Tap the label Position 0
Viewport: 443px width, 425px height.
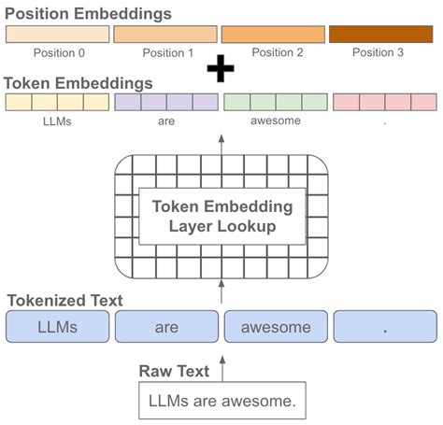coord(59,52)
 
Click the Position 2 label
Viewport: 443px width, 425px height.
coord(273,52)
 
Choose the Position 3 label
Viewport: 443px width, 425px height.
coord(379,52)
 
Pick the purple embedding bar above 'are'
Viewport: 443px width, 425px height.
coord(165,102)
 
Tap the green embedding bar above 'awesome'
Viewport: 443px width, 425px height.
coord(275,102)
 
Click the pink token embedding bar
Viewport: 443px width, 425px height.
coord(384,102)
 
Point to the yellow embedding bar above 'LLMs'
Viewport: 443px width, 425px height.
coord(57,102)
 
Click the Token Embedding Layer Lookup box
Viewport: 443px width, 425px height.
coord(221,217)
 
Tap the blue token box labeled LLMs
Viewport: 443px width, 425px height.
coord(57,327)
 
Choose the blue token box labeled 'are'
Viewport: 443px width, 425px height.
coord(166,327)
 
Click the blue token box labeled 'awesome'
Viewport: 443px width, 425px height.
coord(276,327)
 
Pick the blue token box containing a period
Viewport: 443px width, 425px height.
coord(385,327)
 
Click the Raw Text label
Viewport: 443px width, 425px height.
coord(174,371)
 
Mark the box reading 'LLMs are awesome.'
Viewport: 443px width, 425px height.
coord(222,403)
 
